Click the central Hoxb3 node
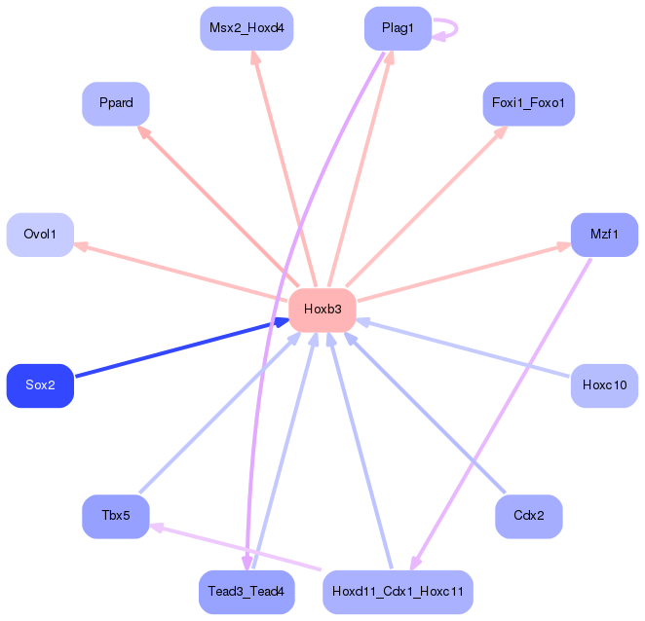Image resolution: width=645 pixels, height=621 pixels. (322, 310)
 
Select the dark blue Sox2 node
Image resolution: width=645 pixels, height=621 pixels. (40, 385)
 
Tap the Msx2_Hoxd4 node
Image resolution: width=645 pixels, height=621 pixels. (247, 28)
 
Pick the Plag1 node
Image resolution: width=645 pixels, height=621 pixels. (398, 28)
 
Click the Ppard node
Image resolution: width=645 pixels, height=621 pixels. (116, 103)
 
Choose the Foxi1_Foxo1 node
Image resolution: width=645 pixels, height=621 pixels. (529, 103)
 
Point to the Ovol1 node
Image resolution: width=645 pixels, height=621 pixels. (40, 235)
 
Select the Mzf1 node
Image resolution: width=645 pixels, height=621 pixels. (605, 235)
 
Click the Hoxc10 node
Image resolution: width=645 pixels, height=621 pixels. (605, 385)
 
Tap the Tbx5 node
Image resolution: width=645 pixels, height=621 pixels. (116, 516)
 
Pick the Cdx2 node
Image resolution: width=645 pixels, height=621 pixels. (529, 516)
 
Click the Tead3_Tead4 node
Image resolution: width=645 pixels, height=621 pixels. (247, 592)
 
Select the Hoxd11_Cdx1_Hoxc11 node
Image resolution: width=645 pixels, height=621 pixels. (398, 592)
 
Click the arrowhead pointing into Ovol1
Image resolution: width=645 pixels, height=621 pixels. (81, 245)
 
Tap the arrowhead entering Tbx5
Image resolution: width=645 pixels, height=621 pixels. (156, 528)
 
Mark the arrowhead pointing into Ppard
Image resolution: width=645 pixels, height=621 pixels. (144, 132)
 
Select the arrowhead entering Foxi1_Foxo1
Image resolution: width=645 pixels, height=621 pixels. (501, 132)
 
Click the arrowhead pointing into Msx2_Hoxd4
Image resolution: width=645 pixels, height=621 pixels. (255, 57)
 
